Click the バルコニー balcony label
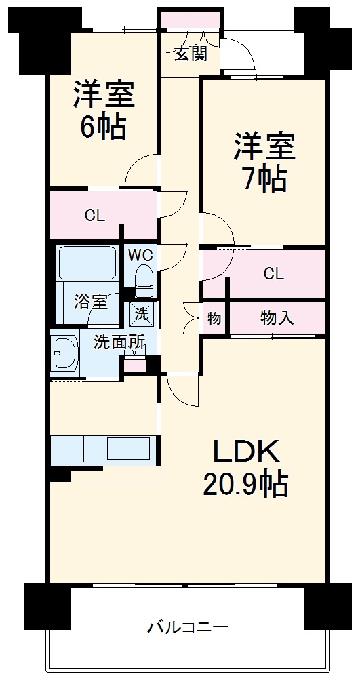tap(188, 627)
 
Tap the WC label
tap(142, 256)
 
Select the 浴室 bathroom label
tap(91, 302)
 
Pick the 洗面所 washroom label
tap(119, 342)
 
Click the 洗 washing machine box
tap(142, 314)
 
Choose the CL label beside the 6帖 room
tap(95, 216)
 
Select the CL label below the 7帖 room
tap(273, 273)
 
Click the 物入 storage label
tap(277, 317)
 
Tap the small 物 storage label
tap(214, 317)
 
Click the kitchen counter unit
tap(102, 449)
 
